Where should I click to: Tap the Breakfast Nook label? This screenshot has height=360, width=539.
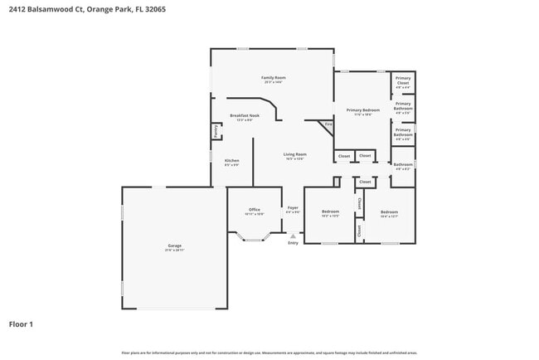[245, 115]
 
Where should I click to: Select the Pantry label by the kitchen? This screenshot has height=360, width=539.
[216, 131]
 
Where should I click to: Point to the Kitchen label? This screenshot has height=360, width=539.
[232, 160]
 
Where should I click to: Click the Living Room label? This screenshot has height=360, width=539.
[295, 153]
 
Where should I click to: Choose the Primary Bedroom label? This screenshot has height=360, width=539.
[363, 109]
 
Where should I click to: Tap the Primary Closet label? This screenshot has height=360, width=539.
[402, 81]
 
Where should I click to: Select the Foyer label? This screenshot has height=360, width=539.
[292, 207]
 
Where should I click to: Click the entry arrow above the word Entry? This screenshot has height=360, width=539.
[293, 236]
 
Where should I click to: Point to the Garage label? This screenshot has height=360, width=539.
[174, 246]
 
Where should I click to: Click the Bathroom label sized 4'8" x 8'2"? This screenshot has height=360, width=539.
[403, 164]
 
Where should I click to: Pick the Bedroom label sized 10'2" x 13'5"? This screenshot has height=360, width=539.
[330, 212]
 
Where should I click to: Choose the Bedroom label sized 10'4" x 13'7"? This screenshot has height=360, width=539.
[389, 212]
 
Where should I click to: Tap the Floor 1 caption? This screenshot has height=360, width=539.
[22, 324]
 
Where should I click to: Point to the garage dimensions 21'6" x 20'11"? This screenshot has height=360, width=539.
[174, 251]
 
